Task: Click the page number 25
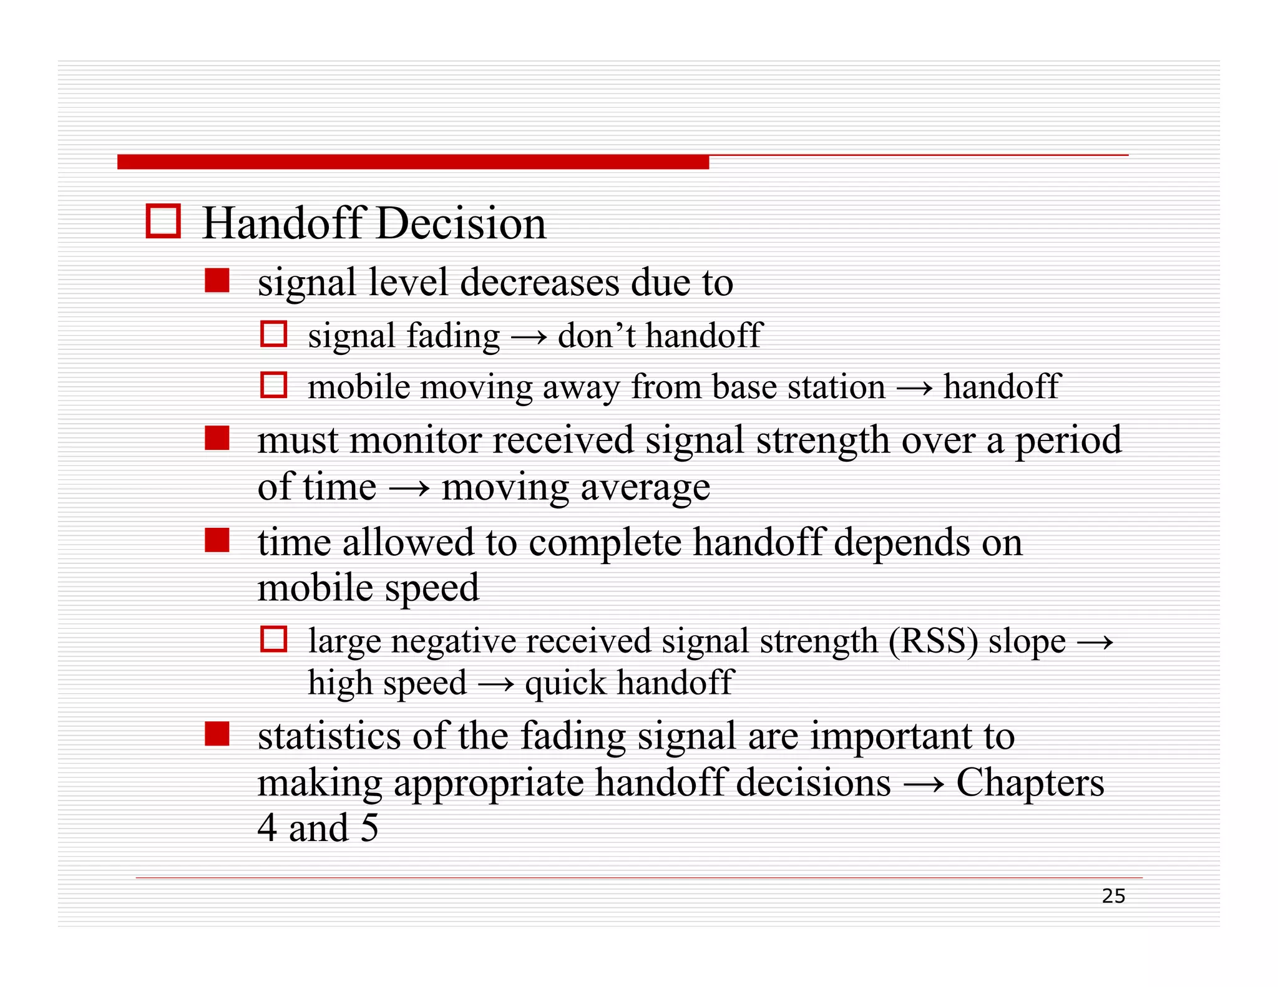tap(1113, 896)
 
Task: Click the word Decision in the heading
tap(461, 223)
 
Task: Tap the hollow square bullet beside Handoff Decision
tap(163, 221)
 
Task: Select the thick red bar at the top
tap(412, 162)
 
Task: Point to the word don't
tap(597, 336)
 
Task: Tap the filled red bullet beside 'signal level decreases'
tap(217, 281)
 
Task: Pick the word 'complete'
tap(605, 543)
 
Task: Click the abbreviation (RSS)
tap(933, 641)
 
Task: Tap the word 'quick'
tap(565, 683)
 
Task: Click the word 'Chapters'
tap(1030, 783)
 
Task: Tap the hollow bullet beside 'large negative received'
tap(273, 639)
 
